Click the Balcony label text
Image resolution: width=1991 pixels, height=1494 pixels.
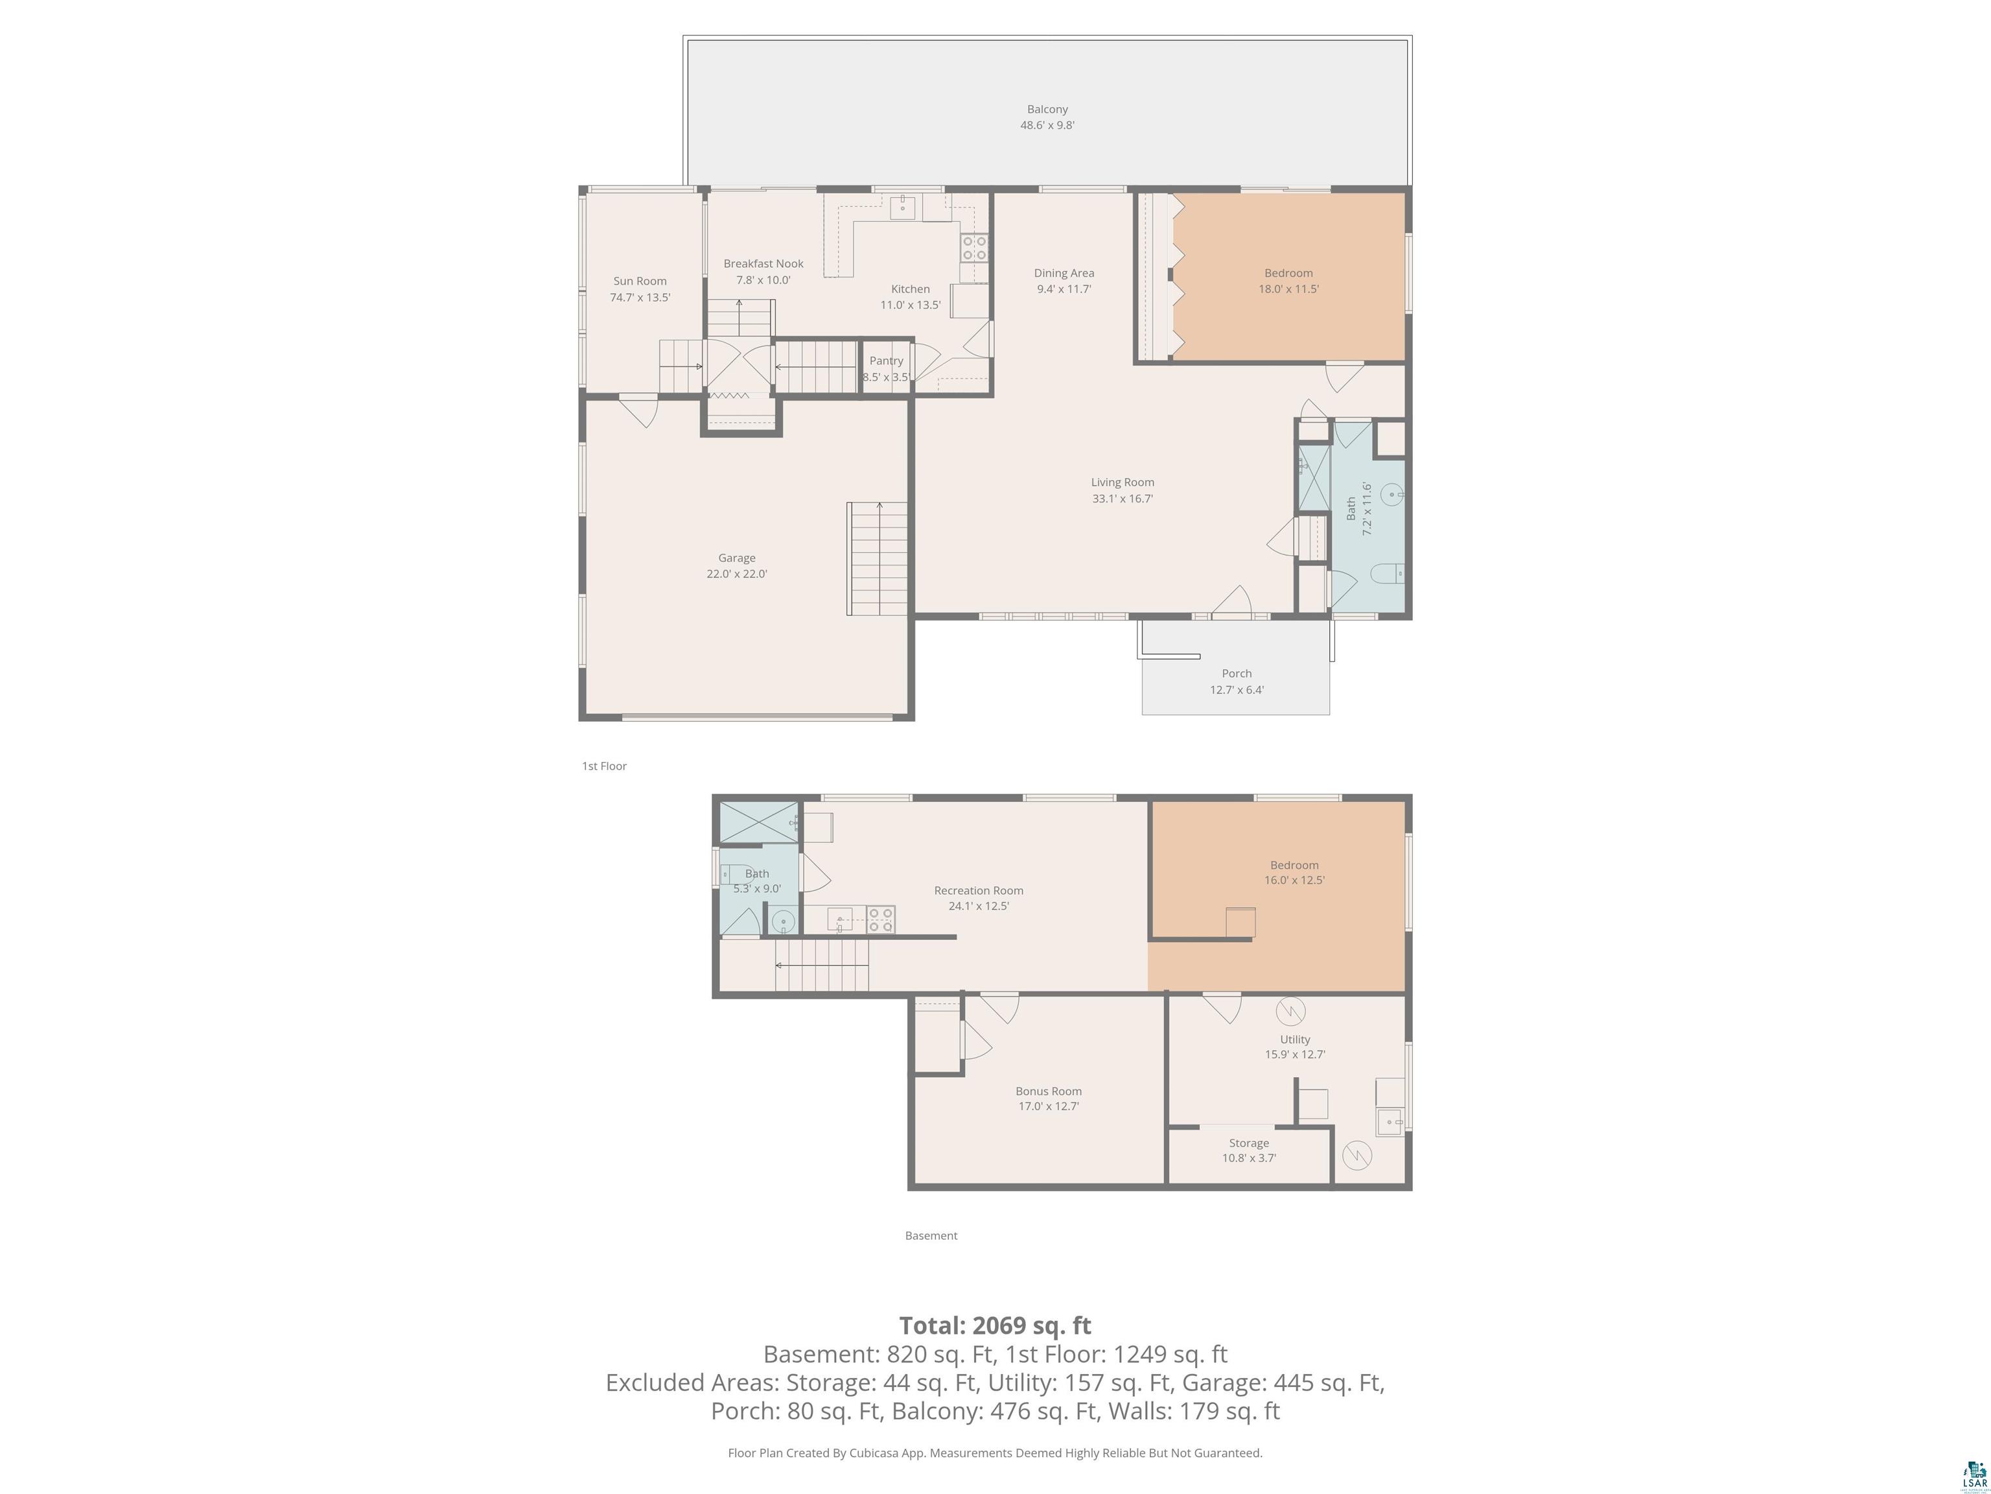point(1047,109)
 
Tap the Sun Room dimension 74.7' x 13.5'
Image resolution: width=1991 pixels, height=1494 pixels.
point(640,297)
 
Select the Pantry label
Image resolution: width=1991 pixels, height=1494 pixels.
point(886,361)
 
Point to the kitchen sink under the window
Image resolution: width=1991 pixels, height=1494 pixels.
point(902,207)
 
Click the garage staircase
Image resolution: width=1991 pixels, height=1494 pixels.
point(878,558)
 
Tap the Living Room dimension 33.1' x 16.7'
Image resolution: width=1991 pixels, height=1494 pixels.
point(1123,498)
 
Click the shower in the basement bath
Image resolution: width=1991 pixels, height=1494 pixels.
point(758,822)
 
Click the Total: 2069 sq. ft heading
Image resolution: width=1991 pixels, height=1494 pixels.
point(995,1325)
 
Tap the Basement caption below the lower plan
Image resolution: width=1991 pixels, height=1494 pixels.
point(931,1235)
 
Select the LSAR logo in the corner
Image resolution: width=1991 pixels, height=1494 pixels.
point(1974,1473)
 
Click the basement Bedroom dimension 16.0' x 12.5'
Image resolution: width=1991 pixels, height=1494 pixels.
point(1294,880)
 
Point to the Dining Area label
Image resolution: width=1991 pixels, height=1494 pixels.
point(1064,273)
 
